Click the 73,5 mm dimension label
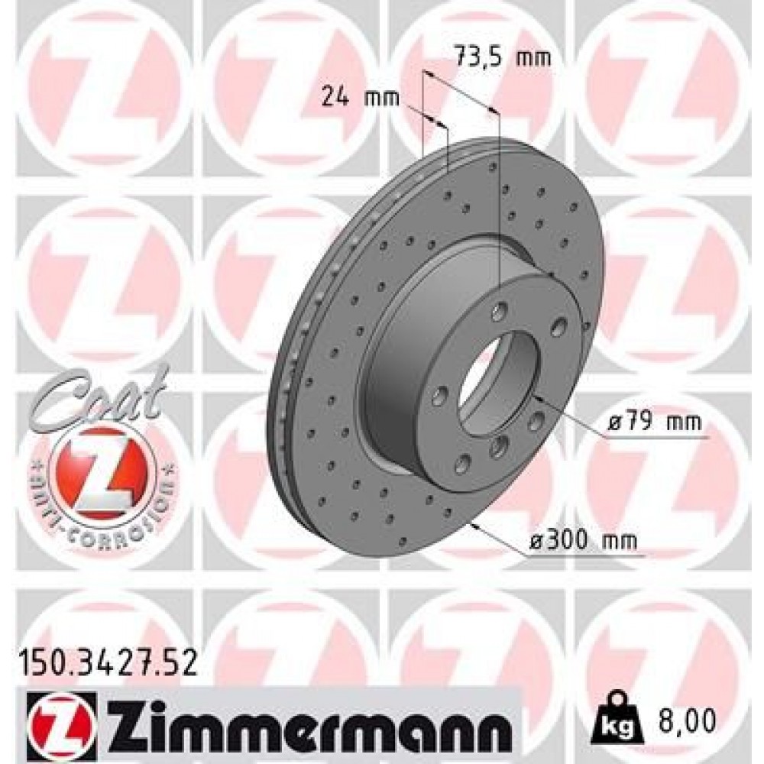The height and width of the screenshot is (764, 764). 502,57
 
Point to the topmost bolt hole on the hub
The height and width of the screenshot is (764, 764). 500,311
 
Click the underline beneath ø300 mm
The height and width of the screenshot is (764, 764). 581,555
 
